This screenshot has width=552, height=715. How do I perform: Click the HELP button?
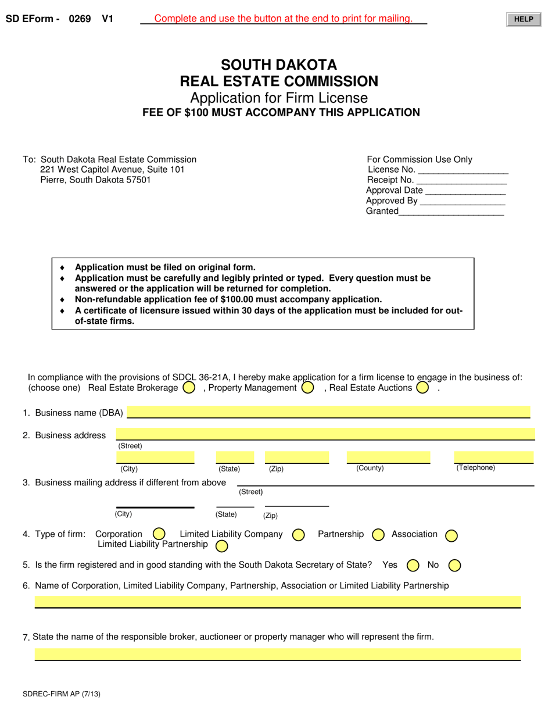523,19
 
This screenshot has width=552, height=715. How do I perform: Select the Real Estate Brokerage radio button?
188,387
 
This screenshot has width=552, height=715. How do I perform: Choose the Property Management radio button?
308,387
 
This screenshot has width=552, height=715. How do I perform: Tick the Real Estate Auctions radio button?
422,387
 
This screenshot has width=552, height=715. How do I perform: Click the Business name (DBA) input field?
328,412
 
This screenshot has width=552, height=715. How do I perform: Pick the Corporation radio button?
159,534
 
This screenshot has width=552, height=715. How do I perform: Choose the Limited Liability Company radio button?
298,534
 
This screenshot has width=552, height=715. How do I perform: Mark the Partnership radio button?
378,534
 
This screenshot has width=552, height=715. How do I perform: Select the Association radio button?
451,535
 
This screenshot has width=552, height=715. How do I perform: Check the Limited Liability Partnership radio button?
221,546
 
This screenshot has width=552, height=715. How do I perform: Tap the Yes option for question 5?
413,565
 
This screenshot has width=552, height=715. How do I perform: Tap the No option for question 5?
455,565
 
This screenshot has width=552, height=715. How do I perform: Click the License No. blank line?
463,170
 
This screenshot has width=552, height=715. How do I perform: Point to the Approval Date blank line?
465,191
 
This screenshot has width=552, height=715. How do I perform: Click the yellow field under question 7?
278,654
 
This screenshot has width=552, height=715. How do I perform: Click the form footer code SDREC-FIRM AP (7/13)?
57,694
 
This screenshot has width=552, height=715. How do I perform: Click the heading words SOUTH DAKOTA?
279,65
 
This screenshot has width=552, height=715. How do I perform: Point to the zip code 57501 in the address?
139,180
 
